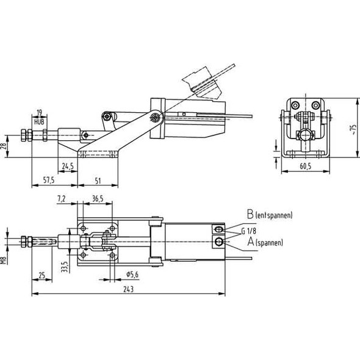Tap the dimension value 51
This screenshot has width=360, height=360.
click(x=98, y=180)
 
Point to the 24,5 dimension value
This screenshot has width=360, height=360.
click(x=68, y=165)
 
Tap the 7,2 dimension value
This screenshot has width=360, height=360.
click(x=61, y=198)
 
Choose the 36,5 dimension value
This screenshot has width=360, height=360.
click(x=97, y=198)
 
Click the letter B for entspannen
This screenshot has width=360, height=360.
click(x=250, y=215)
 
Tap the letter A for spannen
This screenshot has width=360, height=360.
click(x=250, y=242)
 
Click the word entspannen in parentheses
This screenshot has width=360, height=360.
click(x=274, y=216)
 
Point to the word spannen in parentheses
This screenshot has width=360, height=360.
click(x=270, y=243)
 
